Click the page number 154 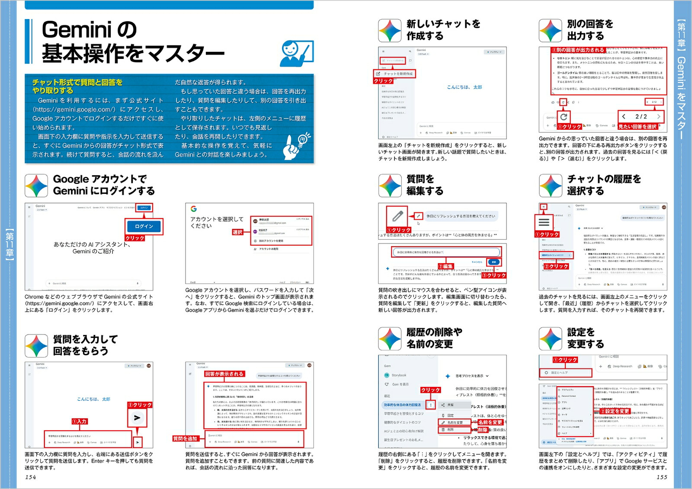[30, 477]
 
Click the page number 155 [662, 477]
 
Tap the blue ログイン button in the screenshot [144, 226]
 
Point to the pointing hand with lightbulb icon [297, 146]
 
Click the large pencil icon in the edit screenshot [397, 216]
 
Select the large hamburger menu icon [544, 222]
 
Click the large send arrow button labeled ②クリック [137, 418]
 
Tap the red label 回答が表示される [224, 374]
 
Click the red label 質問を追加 [185, 438]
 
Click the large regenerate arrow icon [564, 117]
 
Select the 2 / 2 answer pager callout [641, 116]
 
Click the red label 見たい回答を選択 [638, 127]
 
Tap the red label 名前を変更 [490, 422]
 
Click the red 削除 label [483, 430]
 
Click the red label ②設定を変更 [615, 411]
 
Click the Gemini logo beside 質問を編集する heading [390, 186]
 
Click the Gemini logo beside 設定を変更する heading [550, 339]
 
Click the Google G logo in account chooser [193, 209]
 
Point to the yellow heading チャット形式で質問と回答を [77, 82]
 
